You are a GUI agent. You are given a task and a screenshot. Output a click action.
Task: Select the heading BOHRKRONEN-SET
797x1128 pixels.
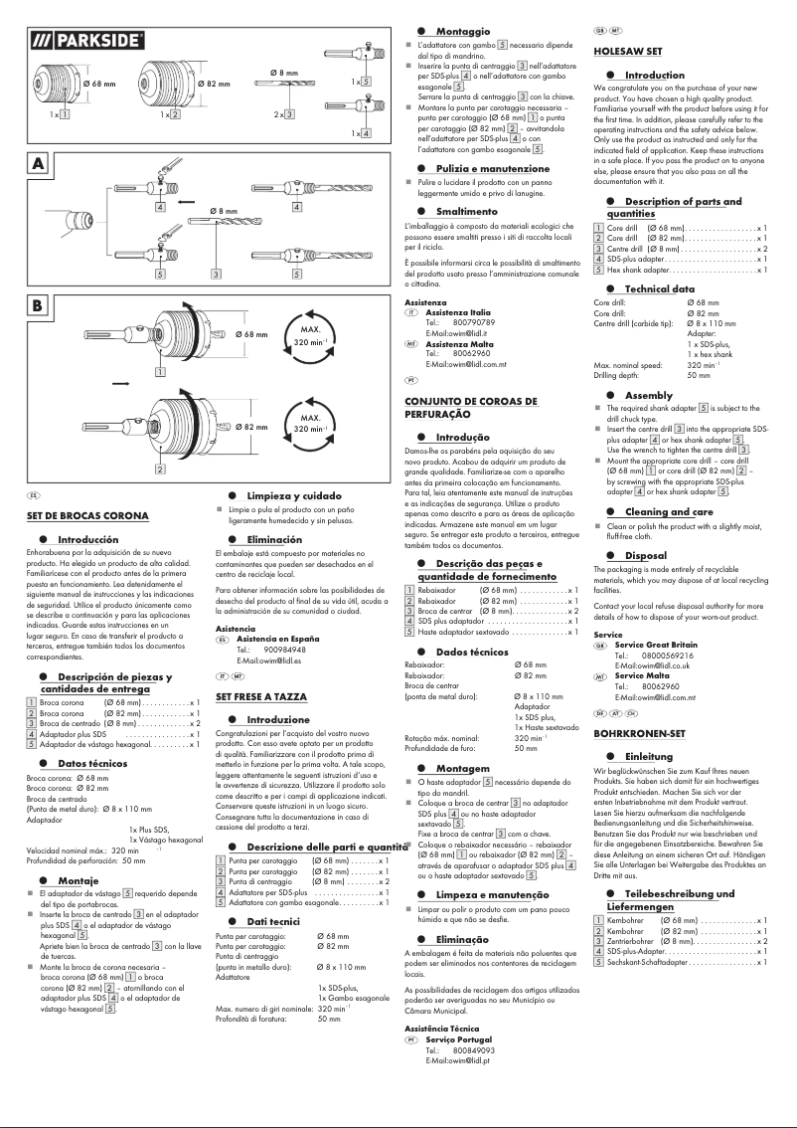point(639,733)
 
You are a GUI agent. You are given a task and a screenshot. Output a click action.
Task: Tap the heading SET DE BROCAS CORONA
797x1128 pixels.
point(87,517)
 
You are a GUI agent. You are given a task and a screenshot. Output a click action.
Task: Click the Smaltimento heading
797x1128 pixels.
point(466,212)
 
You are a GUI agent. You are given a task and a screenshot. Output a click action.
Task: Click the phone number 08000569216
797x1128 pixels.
point(668,656)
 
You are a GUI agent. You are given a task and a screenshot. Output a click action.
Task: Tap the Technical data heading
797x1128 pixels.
point(660,288)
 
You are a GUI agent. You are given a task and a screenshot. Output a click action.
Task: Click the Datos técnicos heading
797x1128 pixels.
point(92,763)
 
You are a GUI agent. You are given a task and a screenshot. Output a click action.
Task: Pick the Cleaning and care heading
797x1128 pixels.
point(669,511)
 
